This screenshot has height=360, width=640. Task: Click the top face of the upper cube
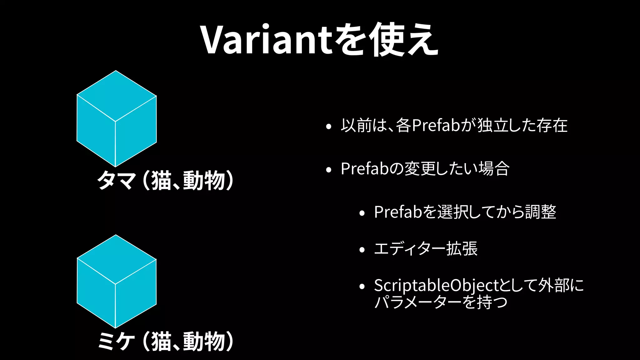click(116, 95)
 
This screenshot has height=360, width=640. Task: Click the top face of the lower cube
click(116, 259)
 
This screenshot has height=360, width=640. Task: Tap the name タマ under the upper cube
click(116, 181)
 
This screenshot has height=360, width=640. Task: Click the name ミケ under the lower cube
click(116, 341)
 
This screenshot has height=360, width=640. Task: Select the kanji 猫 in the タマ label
click(161, 181)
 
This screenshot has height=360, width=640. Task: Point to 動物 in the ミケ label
click(204, 341)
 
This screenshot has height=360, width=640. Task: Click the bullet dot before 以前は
click(328, 127)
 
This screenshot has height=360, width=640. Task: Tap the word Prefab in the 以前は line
click(436, 125)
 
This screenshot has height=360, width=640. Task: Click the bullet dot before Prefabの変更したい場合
click(328, 170)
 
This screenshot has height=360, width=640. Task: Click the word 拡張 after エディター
click(462, 249)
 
